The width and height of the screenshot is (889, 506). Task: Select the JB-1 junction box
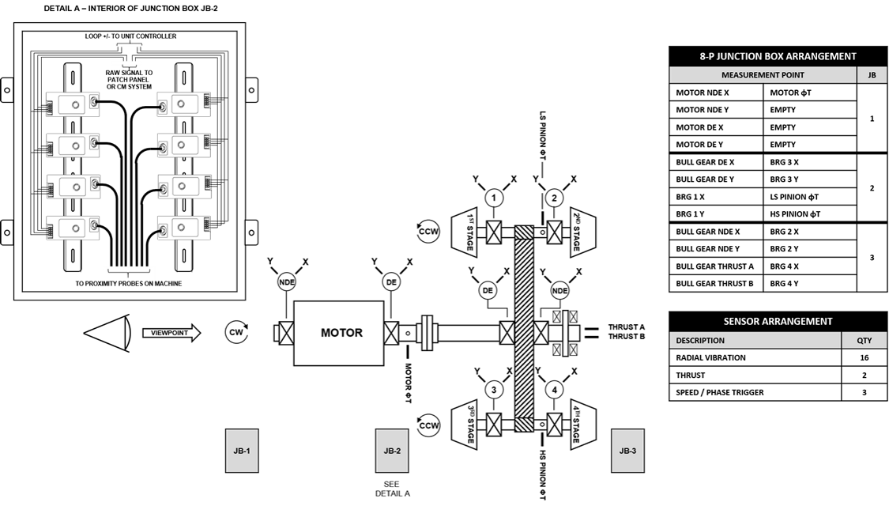click(x=242, y=451)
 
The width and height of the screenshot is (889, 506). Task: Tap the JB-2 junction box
click(x=392, y=451)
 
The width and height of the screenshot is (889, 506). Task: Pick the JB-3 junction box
click(x=627, y=451)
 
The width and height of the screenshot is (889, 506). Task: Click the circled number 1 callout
click(x=494, y=198)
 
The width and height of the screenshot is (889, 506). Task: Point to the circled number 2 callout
click(x=555, y=198)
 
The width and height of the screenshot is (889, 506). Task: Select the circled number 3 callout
click(x=494, y=390)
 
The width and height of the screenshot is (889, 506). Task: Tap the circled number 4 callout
click(x=555, y=390)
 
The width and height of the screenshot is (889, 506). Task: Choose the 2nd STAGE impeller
click(x=582, y=233)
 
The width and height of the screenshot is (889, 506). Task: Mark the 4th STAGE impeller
click(x=582, y=425)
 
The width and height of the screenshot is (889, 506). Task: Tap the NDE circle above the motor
click(x=286, y=282)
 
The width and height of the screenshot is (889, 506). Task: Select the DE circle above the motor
click(x=390, y=282)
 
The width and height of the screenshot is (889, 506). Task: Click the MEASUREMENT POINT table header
click(x=763, y=75)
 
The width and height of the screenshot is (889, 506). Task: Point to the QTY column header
click(x=864, y=341)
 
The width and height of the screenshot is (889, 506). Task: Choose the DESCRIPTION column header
click(x=755, y=341)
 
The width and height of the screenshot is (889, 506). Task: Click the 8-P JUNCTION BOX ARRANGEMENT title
click(x=778, y=57)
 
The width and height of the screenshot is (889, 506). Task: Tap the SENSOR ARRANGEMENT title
click(x=778, y=322)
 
